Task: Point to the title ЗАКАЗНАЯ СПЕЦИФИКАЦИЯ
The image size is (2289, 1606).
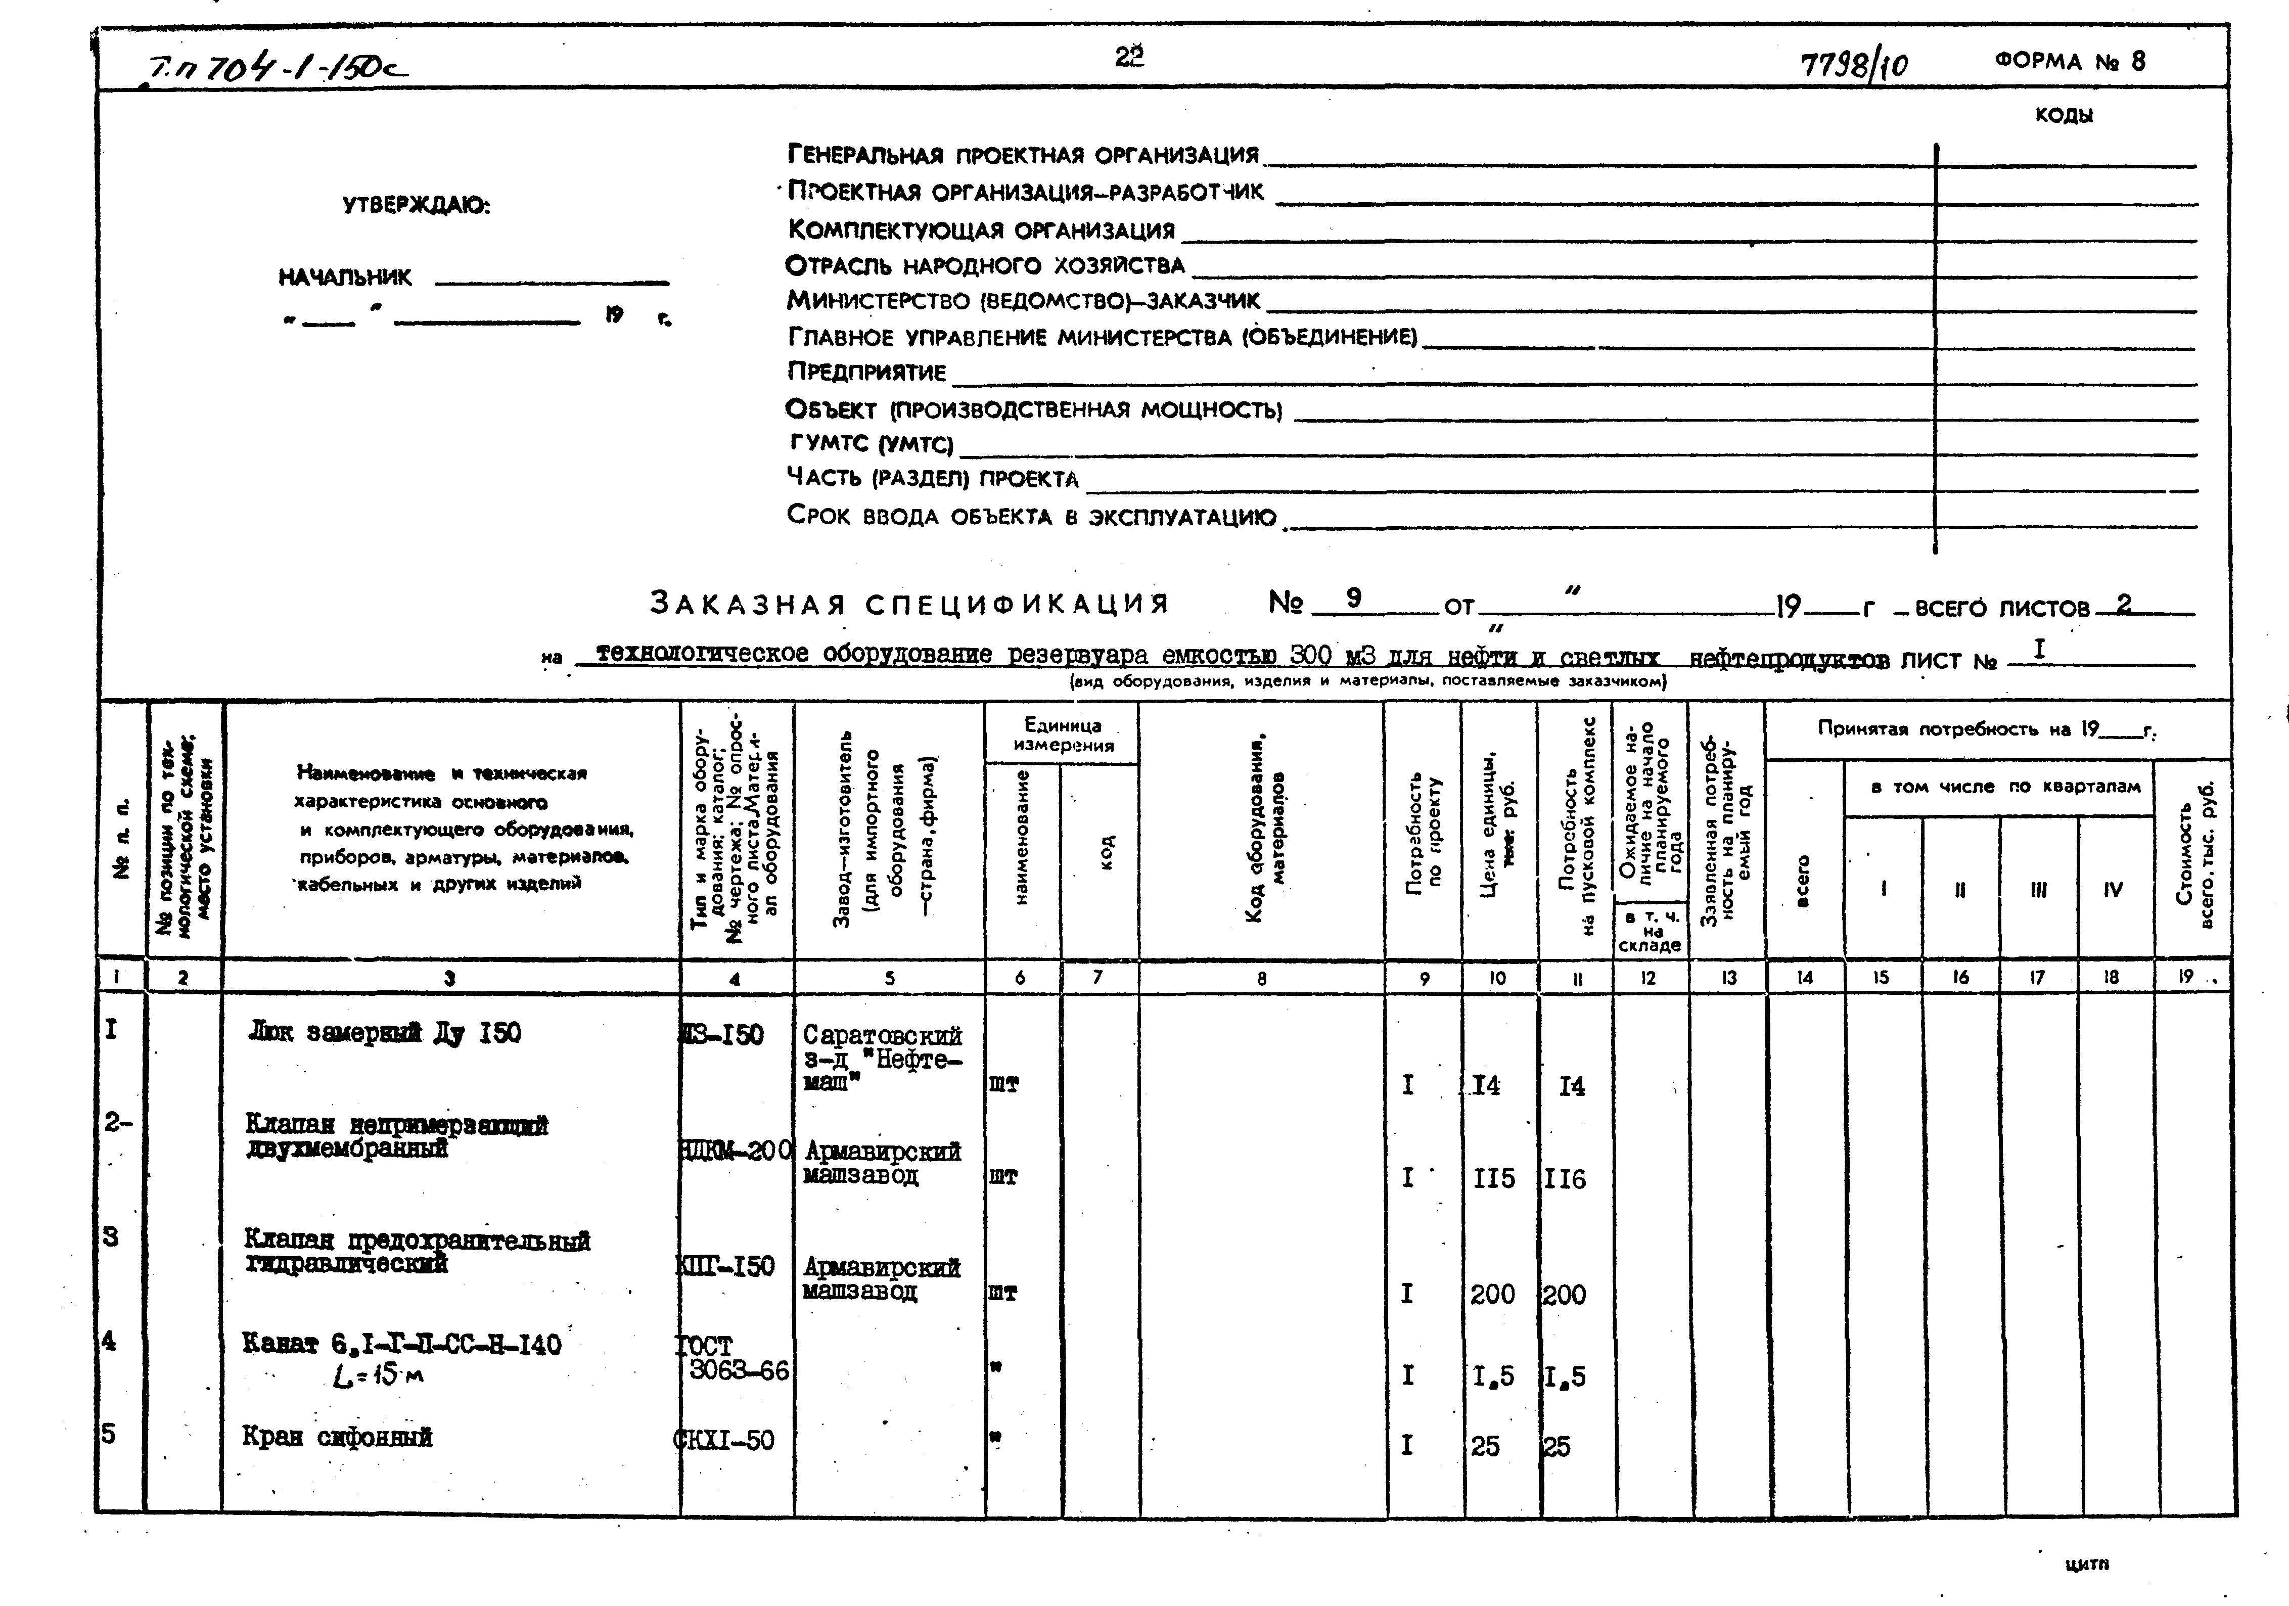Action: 909,603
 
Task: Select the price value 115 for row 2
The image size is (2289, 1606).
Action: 1493,1178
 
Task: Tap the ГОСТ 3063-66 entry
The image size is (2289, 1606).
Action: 733,1358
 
